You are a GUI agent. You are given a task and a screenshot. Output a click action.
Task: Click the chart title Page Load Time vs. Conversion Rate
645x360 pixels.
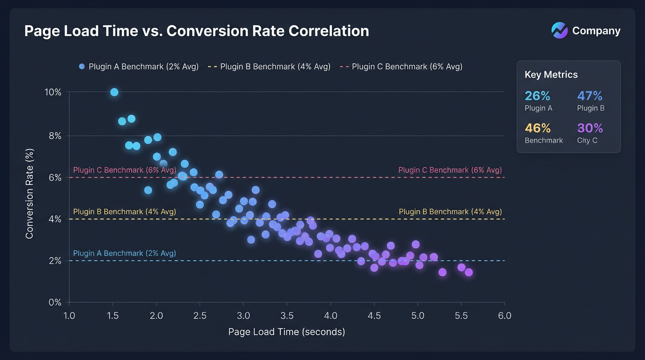tap(196, 31)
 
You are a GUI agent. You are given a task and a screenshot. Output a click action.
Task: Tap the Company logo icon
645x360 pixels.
tap(559, 30)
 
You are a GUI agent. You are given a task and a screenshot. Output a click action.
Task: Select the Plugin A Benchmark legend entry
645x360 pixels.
tap(139, 67)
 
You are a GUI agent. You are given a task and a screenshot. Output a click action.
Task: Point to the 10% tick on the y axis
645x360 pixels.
tap(53, 92)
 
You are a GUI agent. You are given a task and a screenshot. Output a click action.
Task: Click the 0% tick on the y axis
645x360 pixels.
tap(55, 302)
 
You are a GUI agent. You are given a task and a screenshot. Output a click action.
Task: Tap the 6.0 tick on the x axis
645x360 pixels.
tap(504, 316)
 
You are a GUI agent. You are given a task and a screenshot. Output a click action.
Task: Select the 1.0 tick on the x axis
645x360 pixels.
tap(69, 316)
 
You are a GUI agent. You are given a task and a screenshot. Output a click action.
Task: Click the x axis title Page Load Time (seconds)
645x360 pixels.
tap(286, 332)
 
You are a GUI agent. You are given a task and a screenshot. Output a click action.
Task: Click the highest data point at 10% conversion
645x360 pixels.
tap(114, 92)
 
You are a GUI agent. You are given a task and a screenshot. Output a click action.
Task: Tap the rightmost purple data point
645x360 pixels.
tap(468, 272)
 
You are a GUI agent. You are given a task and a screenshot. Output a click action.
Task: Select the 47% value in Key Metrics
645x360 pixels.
tap(590, 96)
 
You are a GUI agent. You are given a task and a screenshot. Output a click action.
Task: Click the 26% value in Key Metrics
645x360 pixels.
tap(537, 96)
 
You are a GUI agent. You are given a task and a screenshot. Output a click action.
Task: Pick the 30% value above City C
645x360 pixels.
tap(590, 128)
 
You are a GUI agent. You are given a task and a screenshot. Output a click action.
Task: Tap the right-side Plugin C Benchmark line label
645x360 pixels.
tap(450, 170)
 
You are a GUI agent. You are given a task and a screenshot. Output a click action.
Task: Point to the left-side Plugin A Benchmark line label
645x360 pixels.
tap(124, 254)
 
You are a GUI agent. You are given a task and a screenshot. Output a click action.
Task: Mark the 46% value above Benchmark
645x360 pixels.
tap(537, 128)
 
